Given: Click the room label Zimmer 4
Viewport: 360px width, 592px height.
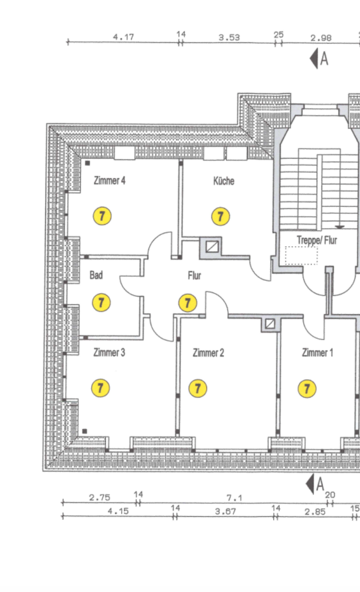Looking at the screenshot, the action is tap(110, 180).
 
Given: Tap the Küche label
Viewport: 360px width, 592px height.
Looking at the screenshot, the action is tap(224, 181).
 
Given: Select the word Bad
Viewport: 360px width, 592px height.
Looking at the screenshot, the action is tap(96, 275).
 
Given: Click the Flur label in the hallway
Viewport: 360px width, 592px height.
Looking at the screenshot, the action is tap(194, 276).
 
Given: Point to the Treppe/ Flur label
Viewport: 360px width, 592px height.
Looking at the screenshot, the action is tap(317, 240).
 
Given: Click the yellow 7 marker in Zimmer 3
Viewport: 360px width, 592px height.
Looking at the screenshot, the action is tap(101, 388).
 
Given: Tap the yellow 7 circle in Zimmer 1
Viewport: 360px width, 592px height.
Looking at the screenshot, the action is tap(307, 389).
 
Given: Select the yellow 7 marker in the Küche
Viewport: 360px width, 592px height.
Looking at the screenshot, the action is tap(220, 216).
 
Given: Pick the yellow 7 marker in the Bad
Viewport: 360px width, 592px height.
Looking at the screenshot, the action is tap(101, 302).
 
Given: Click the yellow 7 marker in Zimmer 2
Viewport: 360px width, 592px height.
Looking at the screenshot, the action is tap(197, 389).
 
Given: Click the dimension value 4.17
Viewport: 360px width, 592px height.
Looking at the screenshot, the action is tap(123, 37).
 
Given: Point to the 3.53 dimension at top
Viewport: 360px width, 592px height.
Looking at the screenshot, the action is tap(229, 37).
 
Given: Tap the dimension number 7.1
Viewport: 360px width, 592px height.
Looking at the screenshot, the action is tap(234, 498).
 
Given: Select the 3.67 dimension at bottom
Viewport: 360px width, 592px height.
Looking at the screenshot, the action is tap(225, 511).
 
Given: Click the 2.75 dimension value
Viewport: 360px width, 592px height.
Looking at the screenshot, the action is tap(100, 497).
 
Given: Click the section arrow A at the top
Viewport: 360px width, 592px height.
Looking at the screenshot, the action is tap(319, 58).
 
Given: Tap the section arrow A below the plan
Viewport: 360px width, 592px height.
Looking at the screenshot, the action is tap(316, 484).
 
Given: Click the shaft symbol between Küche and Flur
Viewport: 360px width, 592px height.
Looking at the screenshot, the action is tap(212, 247).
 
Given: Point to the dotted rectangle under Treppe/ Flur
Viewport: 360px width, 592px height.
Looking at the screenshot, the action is tap(301, 255).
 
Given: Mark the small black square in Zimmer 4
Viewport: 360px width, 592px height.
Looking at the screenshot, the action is tap(88, 163).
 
